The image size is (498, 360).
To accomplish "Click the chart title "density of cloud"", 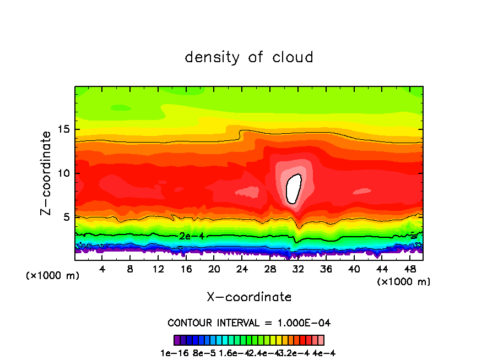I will pyautogui.click(x=249, y=57).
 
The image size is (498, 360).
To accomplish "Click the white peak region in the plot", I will pyautogui.click(x=295, y=188).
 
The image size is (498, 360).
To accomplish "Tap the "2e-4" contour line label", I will pyautogui.click(x=191, y=236).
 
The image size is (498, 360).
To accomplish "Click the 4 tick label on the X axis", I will pyautogui.click(x=102, y=269).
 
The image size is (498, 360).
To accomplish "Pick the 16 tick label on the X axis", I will pyautogui.click(x=186, y=269).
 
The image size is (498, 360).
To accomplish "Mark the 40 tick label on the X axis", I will pyautogui.click(x=354, y=269).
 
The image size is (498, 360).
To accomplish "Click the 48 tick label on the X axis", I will pyautogui.click(x=410, y=269).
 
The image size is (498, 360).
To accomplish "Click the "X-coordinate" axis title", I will pyautogui.click(x=249, y=297).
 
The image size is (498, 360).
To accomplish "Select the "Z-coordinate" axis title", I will pyautogui.click(x=46, y=173).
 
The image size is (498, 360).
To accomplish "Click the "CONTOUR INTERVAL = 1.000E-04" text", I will pyautogui.click(x=249, y=322).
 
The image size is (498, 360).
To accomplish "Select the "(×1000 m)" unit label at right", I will pyautogui.click(x=403, y=281).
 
